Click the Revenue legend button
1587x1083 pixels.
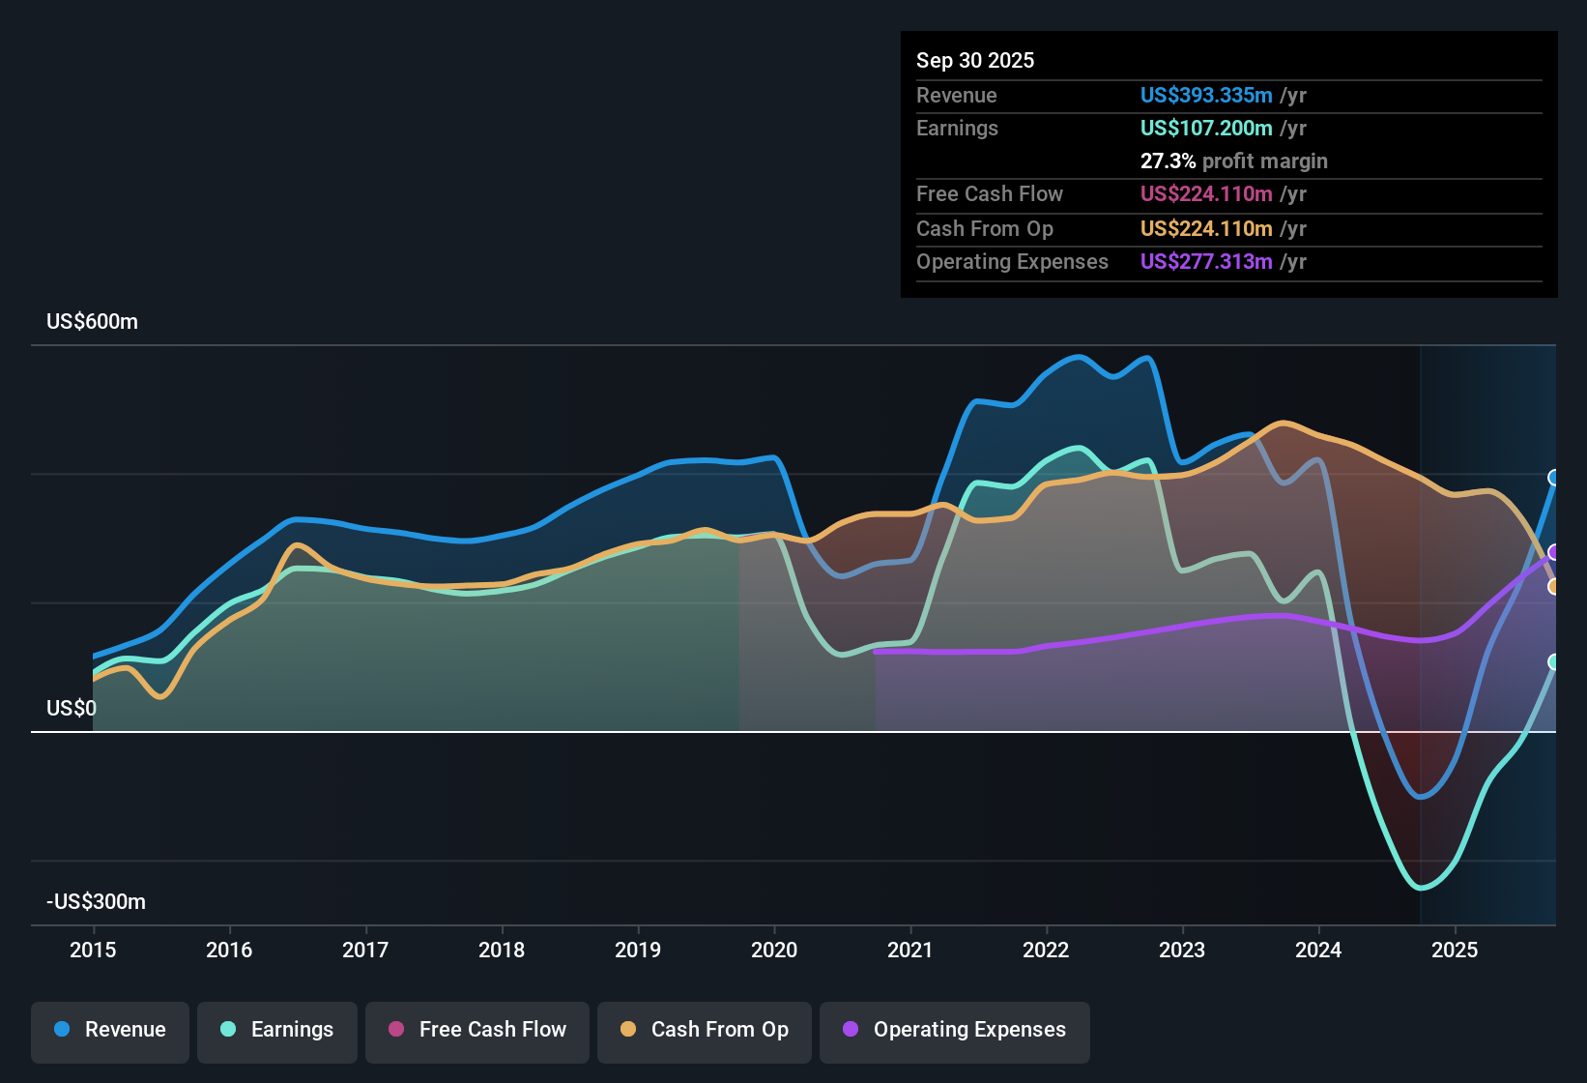click(x=110, y=1030)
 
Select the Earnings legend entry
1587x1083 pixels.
click(x=277, y=1030)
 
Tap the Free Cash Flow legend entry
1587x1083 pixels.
click(x=477, y=1030)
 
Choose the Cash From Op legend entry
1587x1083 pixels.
click(x=705, y=1030)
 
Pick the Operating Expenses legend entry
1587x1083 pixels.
click(x=955, y=1030)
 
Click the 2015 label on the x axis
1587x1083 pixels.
click(x=93, y=950)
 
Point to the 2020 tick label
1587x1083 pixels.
click(x=774, y=950)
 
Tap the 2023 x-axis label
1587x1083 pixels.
click(x=1182, y=950)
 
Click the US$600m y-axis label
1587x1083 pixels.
click(x=92, y=322)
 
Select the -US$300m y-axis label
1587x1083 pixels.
click(x=96, y=902)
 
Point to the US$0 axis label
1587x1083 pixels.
click(x=72, y=709)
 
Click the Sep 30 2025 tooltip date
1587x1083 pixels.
click(x=974, y=61)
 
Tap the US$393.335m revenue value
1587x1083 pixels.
click(x=1205, y=95)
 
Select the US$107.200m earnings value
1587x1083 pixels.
click(x=1205, y=128)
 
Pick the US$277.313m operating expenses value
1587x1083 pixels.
click(x=1205, y=261)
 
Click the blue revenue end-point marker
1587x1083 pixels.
click(x=1554, y=478)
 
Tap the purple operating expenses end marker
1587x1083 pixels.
click(x=1554, y=552)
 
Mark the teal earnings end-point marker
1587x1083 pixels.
click(x=1554, y=662)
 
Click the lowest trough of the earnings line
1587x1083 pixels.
click(x=1421, y=887)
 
